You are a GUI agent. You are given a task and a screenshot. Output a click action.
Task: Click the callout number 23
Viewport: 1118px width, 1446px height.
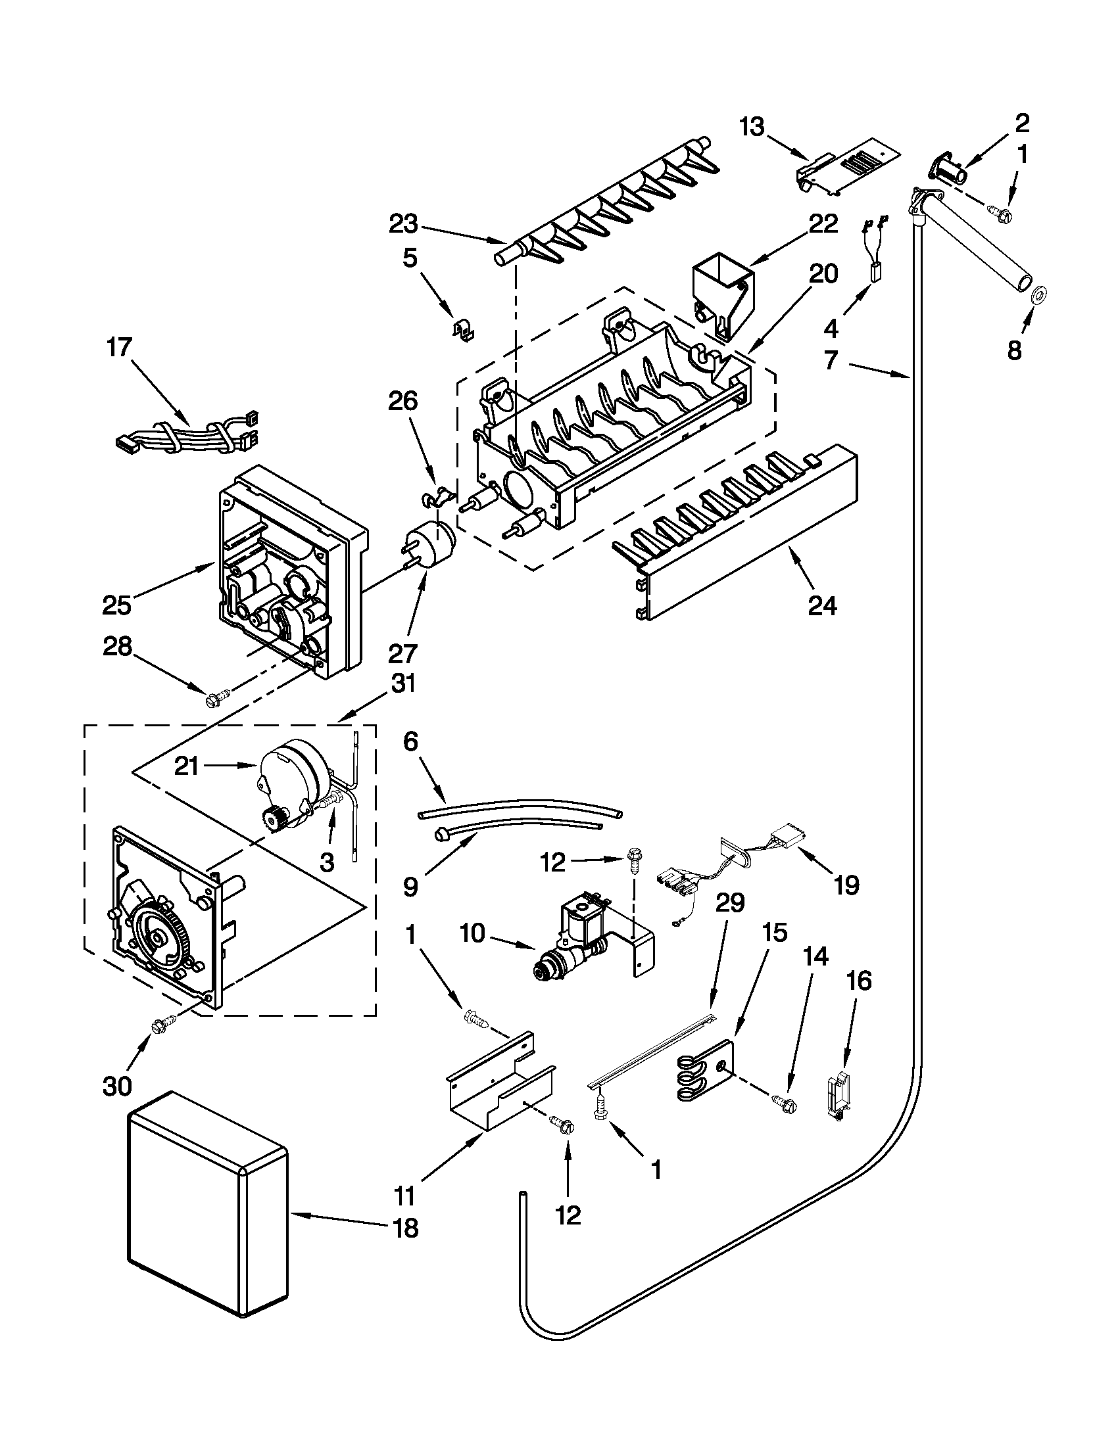point(403,225)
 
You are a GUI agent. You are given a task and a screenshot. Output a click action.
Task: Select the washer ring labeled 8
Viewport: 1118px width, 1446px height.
point(1038,292)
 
